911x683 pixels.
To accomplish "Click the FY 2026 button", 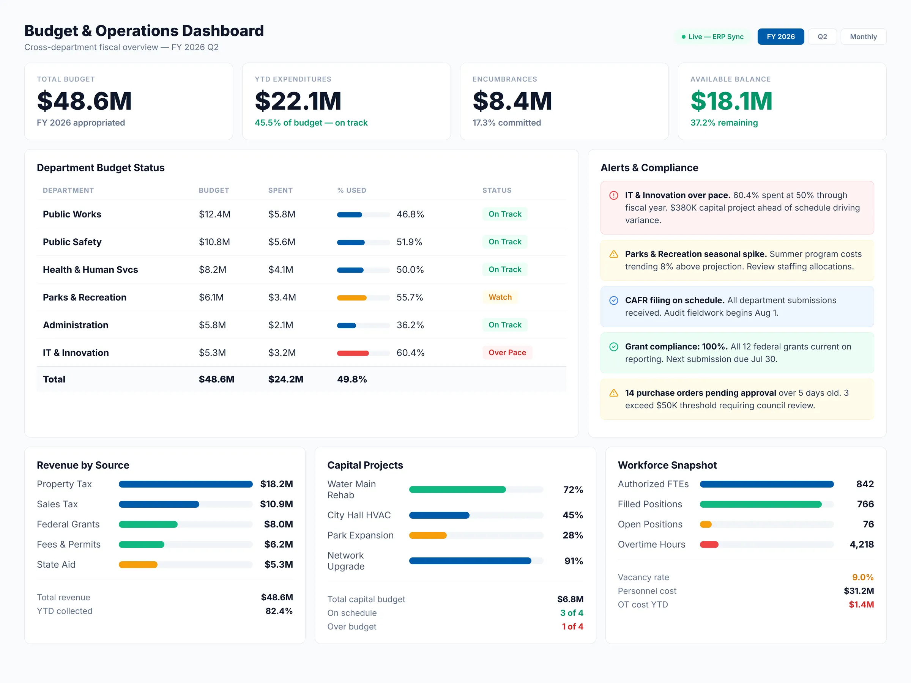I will tap(780, 37).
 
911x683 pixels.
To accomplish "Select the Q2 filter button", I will tap(822, 37).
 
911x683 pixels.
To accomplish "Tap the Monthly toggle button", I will tap(863, 37).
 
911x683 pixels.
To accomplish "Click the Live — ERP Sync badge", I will tap(712, 37).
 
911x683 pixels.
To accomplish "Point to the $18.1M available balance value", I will tap(731, 101).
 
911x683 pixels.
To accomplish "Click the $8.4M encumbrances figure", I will tap(512, 101).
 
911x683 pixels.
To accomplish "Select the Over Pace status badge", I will tap(507, 353).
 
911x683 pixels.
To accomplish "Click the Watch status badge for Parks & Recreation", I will tap(500, 297).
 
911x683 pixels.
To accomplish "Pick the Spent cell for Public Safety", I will tap(282, 242).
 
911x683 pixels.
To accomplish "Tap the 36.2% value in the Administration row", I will tap(410, 325).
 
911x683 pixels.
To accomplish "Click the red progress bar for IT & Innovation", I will tap(353, 353).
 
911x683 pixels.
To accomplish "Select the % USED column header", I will tap(351, 190).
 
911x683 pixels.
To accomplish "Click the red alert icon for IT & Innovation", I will tap(614, 195).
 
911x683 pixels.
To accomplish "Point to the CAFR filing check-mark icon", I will tap(614, 301).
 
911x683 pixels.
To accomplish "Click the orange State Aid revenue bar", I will tap(138, 565).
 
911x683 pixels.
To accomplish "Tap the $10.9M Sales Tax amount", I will tap(276, 504).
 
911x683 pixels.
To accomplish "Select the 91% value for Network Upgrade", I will tap(573, 561).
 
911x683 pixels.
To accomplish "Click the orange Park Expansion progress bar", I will tap(427, 535).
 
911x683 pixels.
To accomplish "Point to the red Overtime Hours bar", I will tap(709, 544).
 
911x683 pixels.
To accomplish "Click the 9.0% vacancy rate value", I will tap(862, 577).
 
